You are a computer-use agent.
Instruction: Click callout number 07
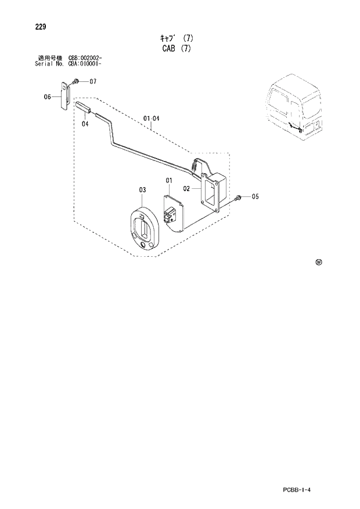tap(92, 81)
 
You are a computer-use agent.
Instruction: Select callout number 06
tap(48, 97)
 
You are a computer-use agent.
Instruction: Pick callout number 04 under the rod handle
tap(85, 123)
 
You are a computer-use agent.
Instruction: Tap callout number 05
tap(254, 197)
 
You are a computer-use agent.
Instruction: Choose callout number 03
tap(142, 189)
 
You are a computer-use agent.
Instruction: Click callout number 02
tap(187, 188)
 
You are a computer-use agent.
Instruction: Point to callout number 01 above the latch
tap(169, 180)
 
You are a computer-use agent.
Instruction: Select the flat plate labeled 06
tap(66, 95)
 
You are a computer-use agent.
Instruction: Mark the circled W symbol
tap(318, 262)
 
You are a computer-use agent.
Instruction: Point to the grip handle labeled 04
tap(84, 109)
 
